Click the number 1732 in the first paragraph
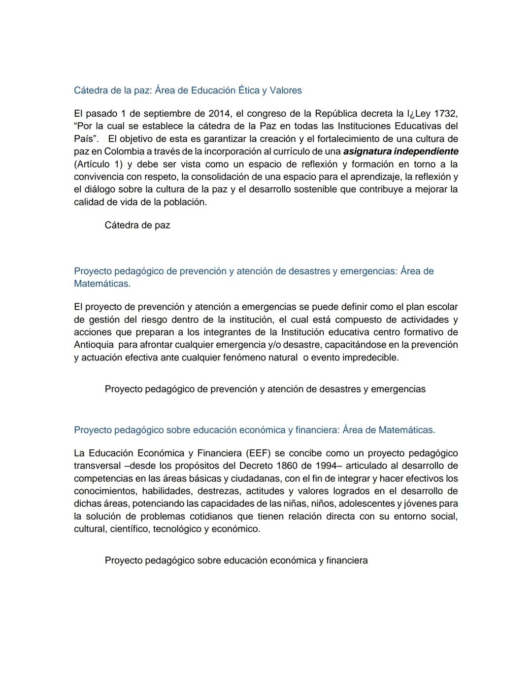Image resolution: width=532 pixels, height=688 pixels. tap(445, 114)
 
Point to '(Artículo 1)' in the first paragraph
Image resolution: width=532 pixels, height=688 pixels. tap(98, 164)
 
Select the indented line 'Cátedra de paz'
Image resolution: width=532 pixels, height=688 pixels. tap(137, 226)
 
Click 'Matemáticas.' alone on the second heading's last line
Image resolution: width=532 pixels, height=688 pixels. tap(102, 284)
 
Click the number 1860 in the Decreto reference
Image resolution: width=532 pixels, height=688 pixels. tap(287, 465)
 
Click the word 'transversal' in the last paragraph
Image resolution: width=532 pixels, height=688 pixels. tap(97, 465)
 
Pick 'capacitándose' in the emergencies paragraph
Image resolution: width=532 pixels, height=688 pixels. tap(352, 345)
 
